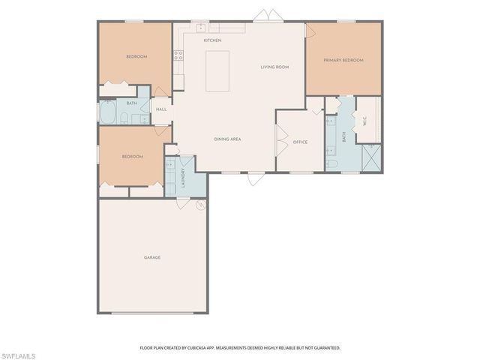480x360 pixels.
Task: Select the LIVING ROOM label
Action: pos(274,67)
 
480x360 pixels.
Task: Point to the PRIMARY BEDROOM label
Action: pos(343,60)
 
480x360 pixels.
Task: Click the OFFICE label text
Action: pos(300,142)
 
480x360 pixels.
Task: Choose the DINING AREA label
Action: pos(227,139)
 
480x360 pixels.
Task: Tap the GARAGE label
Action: pos(152,257)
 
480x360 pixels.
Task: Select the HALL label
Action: pos(161,109)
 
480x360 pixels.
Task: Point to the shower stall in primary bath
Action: pos(370,157)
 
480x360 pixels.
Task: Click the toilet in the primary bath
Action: pos(332,163)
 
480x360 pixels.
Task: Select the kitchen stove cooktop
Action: pos(178,55)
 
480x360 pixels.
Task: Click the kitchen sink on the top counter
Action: pos(202,28)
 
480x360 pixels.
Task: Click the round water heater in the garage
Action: pos(200,205)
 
